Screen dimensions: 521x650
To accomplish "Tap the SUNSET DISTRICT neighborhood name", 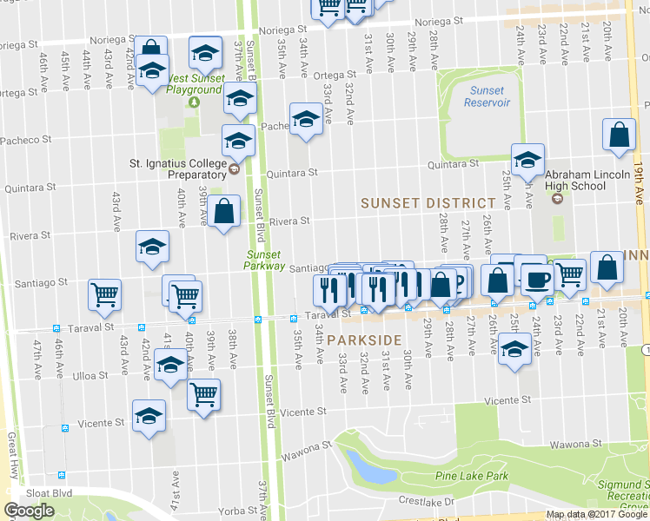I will coord(428,202).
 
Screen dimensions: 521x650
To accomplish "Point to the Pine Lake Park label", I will coord(472,476).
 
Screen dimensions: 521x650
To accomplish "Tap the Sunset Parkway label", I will coord(264,260).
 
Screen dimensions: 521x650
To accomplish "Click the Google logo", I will coord(29,511).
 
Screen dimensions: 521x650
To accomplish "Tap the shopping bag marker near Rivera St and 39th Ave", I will coord(223,211).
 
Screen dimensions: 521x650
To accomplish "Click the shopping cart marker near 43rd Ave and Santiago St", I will coord(104,295).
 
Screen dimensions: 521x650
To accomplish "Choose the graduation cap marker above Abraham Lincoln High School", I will coord(527,159).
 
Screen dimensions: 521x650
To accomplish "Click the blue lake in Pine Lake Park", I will coord(373,470).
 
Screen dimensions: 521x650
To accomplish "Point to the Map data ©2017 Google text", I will coord(596,514).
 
